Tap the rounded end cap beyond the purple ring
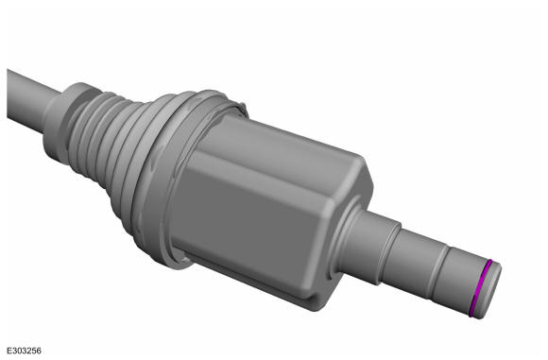point(490,291)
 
